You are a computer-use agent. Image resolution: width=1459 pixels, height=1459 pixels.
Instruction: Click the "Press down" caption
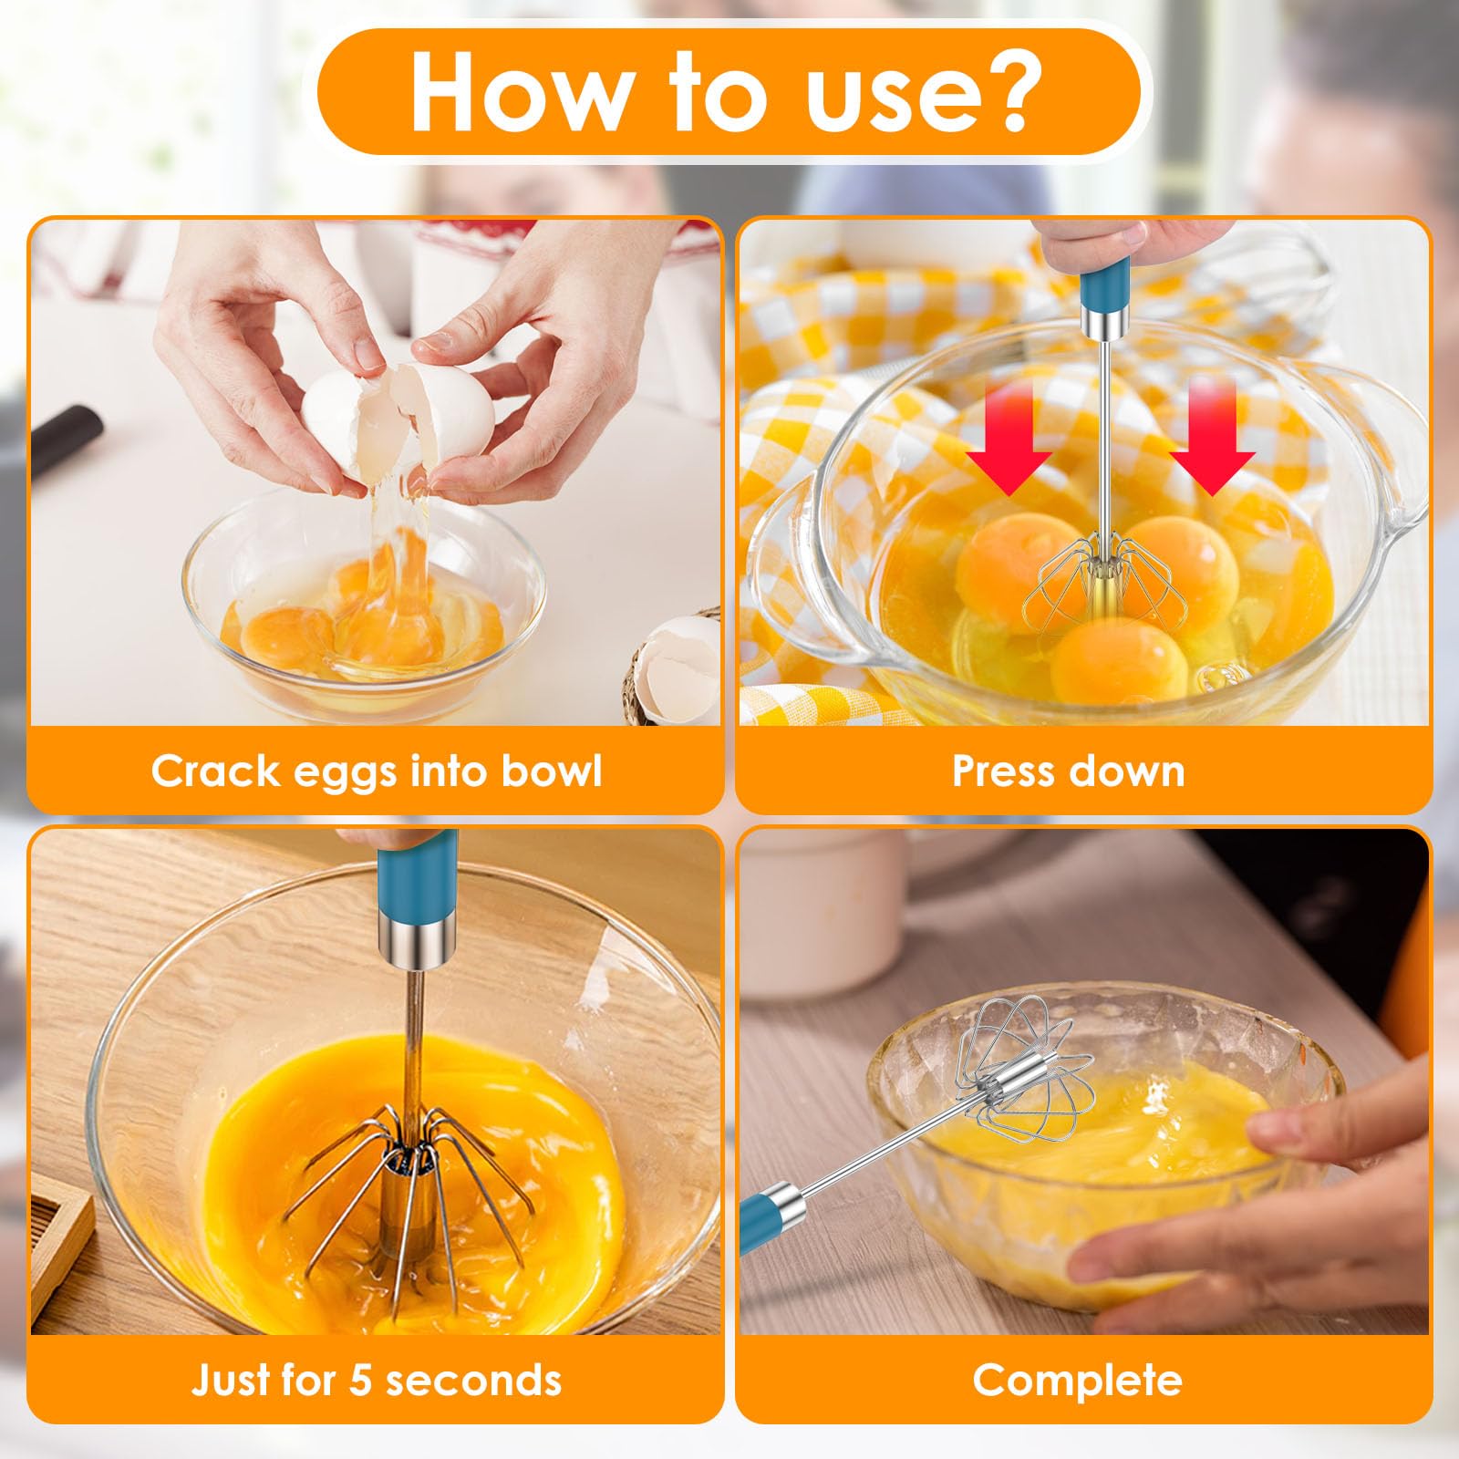pyautogui.click(x=1069, y=771)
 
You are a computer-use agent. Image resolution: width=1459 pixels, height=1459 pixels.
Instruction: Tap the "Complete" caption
pyautogui.click(x=1077, y=1381)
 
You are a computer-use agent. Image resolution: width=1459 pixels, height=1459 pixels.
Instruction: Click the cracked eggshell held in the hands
pyautogui.click(x=398, y=409)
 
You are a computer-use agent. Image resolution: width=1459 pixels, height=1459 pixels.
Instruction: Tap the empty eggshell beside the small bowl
pyautogui.click(x=679, y=666)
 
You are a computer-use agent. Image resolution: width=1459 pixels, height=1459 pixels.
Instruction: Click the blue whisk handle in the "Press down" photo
pyautogui.click(x=1103, y=284)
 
